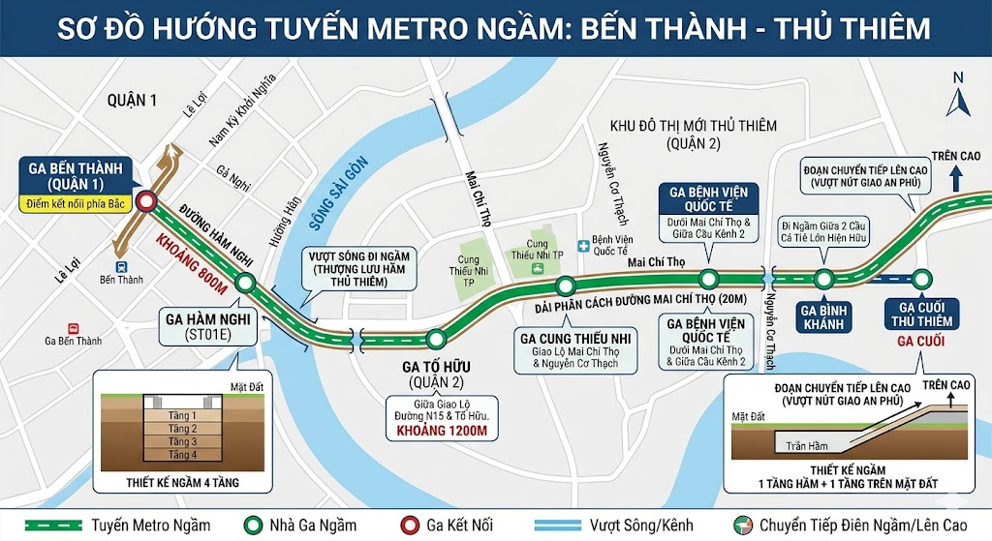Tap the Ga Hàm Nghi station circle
pos(245,284)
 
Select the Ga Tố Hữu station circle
pos(436,339)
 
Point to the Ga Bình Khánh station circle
pos(824,279)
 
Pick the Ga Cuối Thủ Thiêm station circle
pos(922,279)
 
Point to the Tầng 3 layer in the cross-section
pos(182,441)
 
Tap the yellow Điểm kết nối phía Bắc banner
pos(77,203)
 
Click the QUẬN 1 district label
pos(133,100)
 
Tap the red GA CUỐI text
pos(921,342)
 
